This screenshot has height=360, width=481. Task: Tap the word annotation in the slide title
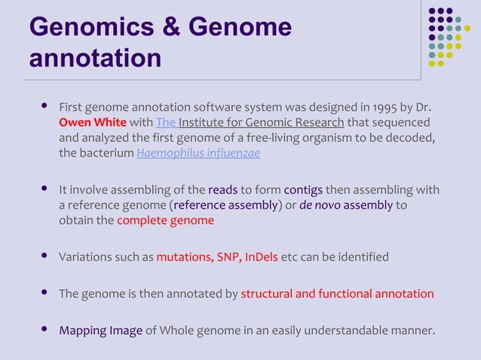tap(95, 58)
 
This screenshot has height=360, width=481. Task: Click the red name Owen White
tap(93, 122)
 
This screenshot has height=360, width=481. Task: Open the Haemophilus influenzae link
tap(198, 154)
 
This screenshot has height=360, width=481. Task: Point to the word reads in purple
tap(222, 190)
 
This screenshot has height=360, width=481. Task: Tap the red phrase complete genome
tap(165, 221)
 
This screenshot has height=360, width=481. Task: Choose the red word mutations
tap(184, 257)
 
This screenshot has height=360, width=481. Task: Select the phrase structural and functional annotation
tap(337, 293)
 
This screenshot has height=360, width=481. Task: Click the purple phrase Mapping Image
tap(101, 330)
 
